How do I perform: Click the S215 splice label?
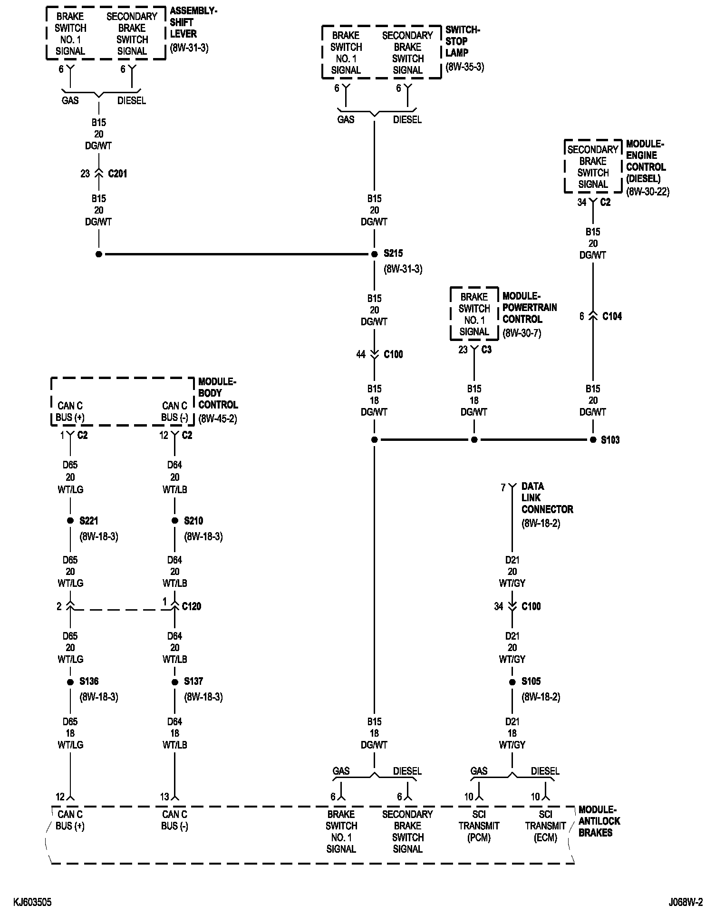[393, 253]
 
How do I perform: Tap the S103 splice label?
[610, 440]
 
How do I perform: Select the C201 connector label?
[117, 174]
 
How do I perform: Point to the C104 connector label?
[612, 316]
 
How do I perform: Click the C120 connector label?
[192, 606]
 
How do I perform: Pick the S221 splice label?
[89, 521]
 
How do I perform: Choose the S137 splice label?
[193, 681]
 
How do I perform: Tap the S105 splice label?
[531, 681]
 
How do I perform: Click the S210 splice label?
[193, 521]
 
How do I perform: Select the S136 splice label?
[89, 681]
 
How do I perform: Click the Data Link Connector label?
[547, 498]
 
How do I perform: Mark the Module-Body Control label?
[218, 393]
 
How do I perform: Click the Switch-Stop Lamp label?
[463, 41]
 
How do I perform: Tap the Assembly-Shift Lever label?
[193, 22]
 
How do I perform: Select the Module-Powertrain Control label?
[529, 307]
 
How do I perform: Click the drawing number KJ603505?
[32, 901]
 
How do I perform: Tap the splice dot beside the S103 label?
[593, 440]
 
